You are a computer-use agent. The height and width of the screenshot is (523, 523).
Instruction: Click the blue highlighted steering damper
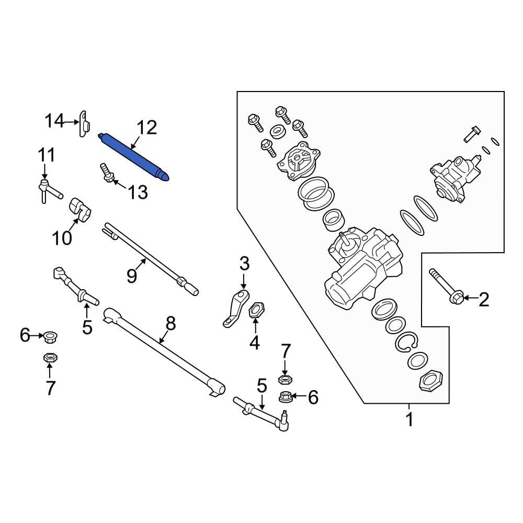pos(134,156)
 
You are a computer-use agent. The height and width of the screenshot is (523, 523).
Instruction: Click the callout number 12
pos(146,128)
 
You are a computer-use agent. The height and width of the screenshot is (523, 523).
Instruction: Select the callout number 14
pos(53,122)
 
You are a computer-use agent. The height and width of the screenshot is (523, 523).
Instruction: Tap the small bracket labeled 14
pos(83,124)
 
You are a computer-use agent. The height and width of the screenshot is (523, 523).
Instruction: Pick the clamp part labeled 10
pos(80,208)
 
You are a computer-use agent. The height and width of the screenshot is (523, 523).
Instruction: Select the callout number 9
pos(131,274)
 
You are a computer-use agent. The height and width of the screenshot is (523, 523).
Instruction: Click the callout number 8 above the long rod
pos(170,324)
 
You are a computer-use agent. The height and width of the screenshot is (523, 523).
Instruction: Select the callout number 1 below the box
pos(410,419)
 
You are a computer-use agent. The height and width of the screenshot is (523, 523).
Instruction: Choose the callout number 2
pos(484,300)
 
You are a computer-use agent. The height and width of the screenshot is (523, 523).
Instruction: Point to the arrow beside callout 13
pos(119,184)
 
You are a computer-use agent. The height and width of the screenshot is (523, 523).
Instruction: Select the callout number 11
pos(45,155)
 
